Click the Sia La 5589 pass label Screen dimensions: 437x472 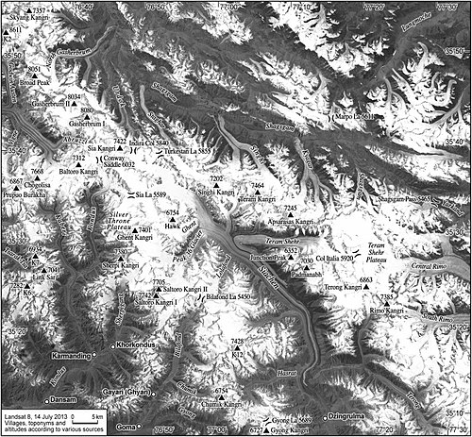pos(150,194)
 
